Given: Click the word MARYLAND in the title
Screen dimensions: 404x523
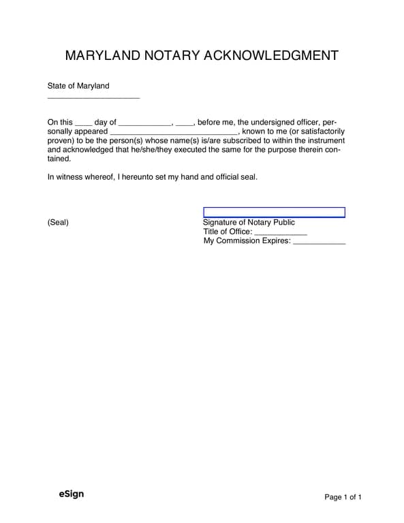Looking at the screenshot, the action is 103,55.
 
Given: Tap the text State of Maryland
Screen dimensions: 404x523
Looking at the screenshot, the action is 78,86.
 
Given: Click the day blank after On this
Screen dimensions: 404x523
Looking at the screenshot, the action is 83,124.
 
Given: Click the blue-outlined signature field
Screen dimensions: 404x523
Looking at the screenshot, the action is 274,212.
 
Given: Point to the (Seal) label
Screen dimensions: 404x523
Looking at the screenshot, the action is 58,223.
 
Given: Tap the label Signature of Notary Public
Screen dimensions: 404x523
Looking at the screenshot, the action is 249,223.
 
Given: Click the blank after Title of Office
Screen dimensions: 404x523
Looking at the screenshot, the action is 280,233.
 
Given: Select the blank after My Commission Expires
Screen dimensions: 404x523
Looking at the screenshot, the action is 319,242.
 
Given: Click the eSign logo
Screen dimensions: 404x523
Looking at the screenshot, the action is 71,494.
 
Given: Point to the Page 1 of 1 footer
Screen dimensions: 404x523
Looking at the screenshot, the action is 343,497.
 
